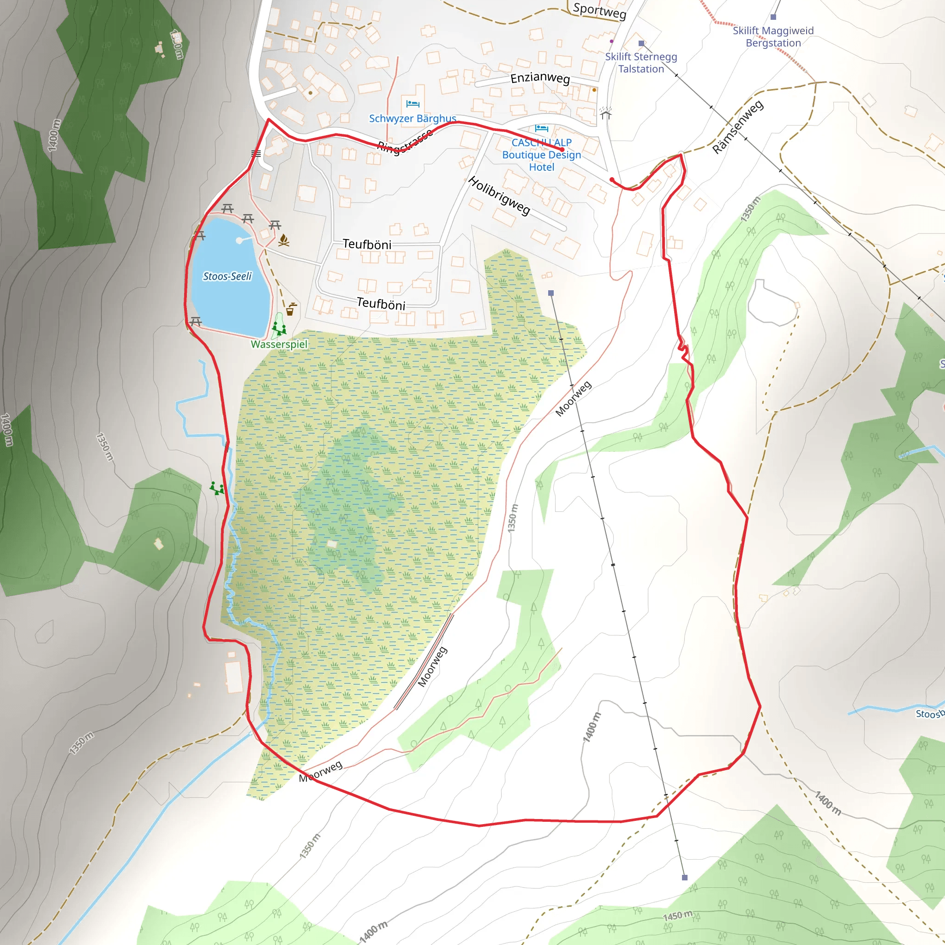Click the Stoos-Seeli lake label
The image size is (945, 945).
point(227,276)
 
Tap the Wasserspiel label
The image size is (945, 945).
point(279,344)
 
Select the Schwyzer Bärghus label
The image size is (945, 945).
point(413,119)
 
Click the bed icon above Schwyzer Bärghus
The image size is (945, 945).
point(413,104)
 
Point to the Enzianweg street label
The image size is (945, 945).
point(540,78)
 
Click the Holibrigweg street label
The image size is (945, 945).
point(499,196)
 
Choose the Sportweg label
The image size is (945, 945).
point(599,11)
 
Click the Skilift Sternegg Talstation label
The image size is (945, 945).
point(641,63)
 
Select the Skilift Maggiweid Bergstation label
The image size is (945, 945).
point(773,37)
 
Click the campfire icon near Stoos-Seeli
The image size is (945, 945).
point(284,240)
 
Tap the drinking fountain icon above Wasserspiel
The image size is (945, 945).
point(291,309)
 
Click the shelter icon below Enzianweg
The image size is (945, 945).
point(605,114)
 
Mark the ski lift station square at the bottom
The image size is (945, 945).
point(684,878)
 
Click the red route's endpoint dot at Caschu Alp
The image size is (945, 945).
point(562,150)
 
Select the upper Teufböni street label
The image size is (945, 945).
point(367,244)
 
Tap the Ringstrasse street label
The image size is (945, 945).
point(405,142)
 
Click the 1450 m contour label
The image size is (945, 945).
point(677,915)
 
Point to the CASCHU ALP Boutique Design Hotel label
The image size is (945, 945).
point(541,155)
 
